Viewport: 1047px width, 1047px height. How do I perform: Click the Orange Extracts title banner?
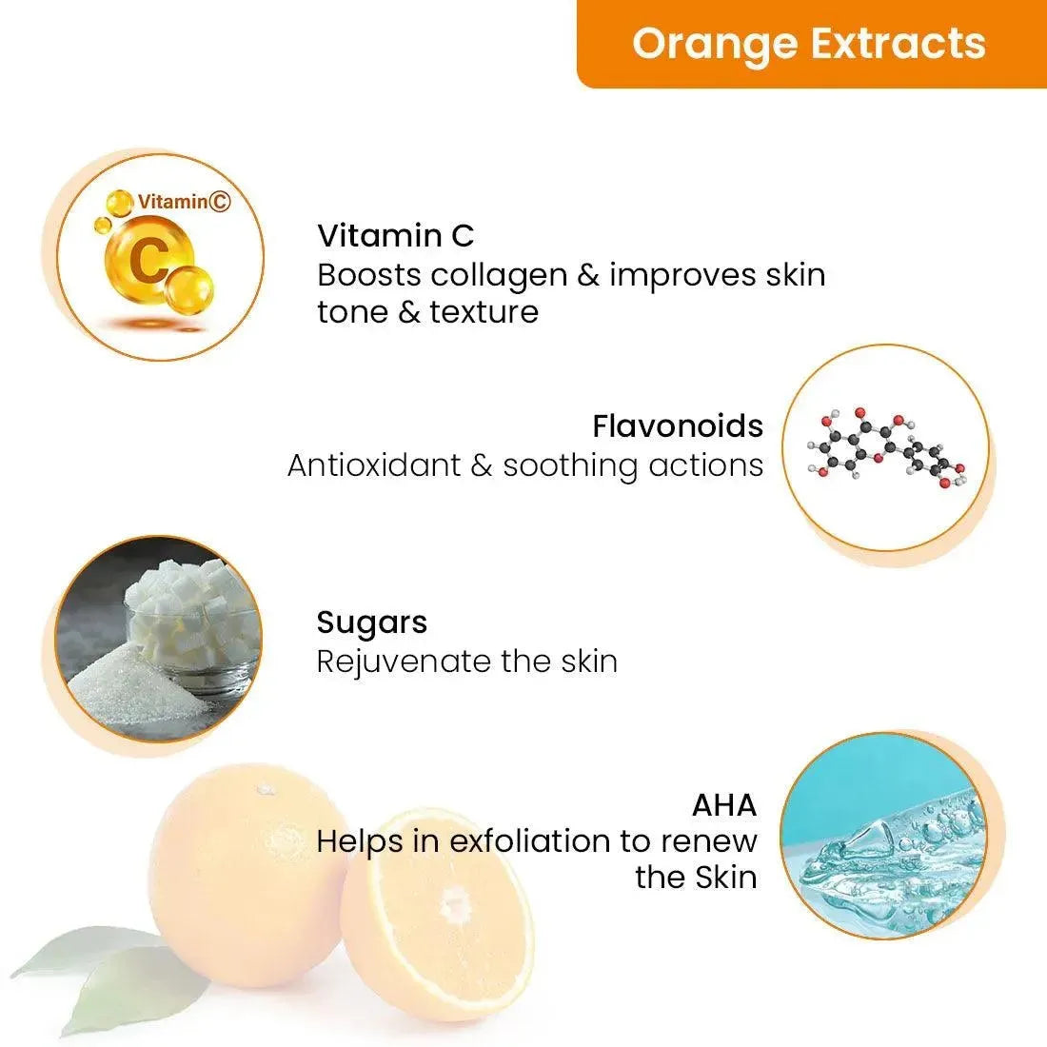(x=809, y=44)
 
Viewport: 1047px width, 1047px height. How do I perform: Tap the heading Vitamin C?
(x=395, y=235)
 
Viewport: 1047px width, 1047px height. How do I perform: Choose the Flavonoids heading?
(x=678, y=425)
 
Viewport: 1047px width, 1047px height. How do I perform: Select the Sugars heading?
(x=371, y=622)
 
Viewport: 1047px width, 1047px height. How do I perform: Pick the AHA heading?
(x=724, y=805)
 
